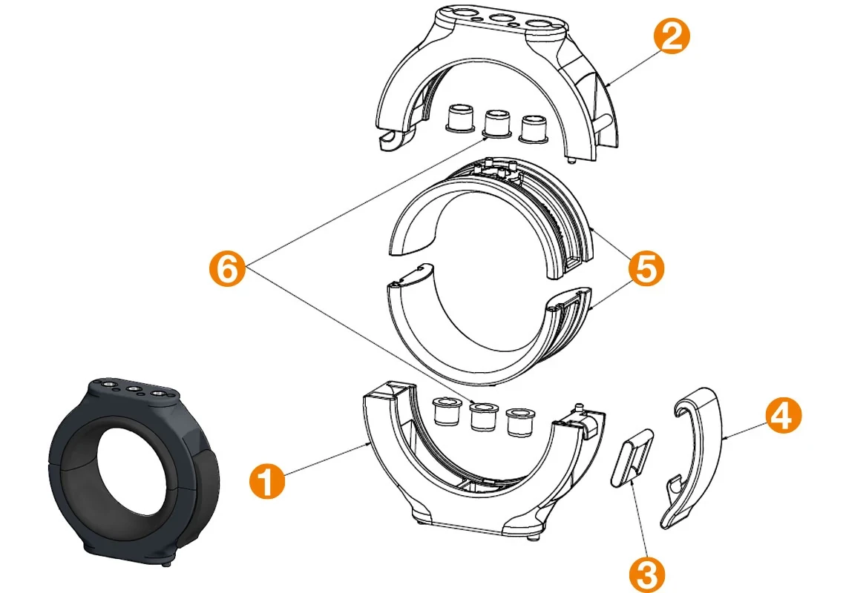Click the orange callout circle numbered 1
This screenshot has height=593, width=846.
[266, 482]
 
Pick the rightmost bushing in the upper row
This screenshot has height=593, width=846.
[533, 128]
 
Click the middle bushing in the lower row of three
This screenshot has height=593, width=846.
[483, 417]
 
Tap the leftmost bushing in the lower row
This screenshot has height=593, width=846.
[447, 411]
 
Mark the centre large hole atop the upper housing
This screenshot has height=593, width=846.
[502, 18]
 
